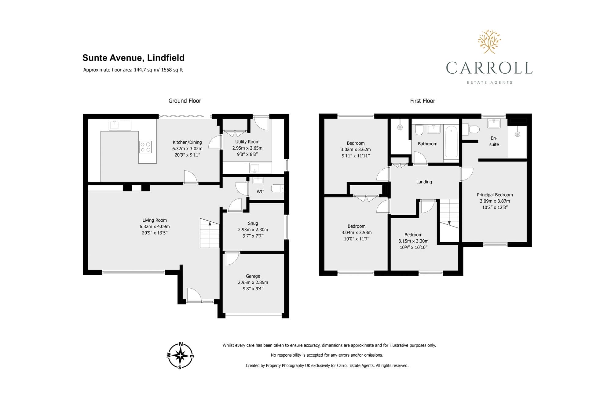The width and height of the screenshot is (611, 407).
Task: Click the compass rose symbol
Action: [x=180, y=355]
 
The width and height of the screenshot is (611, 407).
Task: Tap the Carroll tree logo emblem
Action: [x=489, y=42]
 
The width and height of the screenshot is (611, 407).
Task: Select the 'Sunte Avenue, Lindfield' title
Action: [x=134, y=58]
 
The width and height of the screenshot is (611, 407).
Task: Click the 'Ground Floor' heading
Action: [x=185, y=101]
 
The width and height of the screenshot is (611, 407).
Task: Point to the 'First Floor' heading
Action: [x=423, y=101]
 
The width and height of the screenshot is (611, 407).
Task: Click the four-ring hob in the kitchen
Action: [x=145, y=147]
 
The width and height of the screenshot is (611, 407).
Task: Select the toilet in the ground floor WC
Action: [x=278, y=188]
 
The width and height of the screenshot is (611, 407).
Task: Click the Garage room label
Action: [x=253, y=276]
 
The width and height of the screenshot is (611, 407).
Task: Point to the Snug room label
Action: [x=253, y=223]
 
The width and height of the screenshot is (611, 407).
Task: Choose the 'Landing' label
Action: [x=424, y=182]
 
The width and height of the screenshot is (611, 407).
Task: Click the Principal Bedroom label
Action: [x=495, y=195]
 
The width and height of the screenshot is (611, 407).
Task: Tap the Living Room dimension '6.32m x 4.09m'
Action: [x=155, y=227]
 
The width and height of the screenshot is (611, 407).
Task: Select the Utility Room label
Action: [x=247, y=142]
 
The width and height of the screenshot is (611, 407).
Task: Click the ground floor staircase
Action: [x=210, y=233]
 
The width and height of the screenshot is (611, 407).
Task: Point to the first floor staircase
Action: [x=449, y=214]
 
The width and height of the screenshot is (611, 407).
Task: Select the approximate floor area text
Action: [x=133, y=70]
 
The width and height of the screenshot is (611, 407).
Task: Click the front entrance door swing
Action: [x=194, y=295]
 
